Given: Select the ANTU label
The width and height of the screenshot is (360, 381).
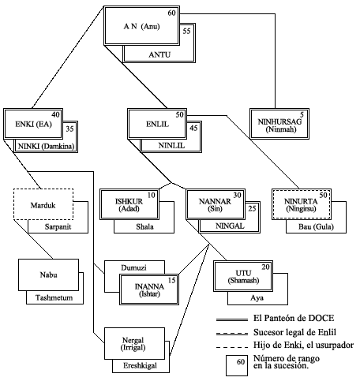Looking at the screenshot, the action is click(x=159, y=54).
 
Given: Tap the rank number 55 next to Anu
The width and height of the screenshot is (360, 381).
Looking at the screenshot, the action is click(x=186, y=31).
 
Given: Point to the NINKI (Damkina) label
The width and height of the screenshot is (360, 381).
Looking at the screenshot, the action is click(x=46, y=146).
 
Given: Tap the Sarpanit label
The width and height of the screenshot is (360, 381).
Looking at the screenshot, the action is click(x=58, y=226).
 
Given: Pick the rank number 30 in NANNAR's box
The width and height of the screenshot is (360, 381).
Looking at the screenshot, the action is click(x=237, y=195).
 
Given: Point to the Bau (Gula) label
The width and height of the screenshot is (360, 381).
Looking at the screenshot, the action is click(x=316, y=226).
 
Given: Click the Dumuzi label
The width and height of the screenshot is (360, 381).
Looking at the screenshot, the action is click(x=133, y=267).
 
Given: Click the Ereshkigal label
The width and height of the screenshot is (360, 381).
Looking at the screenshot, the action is click(x=140, y=365).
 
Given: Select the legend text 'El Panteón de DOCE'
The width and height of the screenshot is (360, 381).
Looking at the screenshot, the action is click(x=294, y=318).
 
